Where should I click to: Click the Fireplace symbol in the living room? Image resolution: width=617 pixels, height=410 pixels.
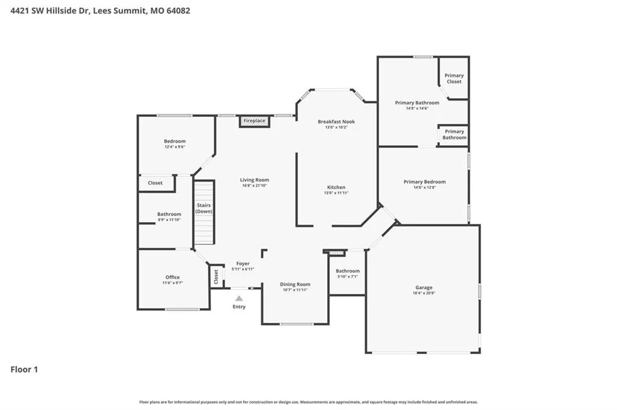tap(255, 121)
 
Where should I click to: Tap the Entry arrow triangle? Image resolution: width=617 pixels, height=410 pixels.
tap(239, 299)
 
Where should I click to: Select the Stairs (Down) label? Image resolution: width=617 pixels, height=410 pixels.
tap(204, 208)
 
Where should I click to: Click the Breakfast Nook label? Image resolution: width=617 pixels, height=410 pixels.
tap(336, 122)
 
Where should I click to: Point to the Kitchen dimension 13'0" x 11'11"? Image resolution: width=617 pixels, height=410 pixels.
tap(336, 193)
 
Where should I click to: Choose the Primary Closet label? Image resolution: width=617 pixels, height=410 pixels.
tap(454, 79)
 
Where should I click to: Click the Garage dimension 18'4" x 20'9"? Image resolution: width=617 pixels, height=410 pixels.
tap(424, 293)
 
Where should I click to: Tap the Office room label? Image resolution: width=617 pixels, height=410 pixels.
tap(172, 277)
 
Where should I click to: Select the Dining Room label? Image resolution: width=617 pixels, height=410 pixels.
tap(295, 284)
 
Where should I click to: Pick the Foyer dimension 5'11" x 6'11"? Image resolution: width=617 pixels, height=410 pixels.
tap(243, 269)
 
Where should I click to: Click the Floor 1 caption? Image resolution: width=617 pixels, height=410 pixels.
tap(24, 370)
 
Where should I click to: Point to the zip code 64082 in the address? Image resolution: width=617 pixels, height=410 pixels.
tap(178, 11)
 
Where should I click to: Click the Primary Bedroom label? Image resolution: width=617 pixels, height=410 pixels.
tap(425, 182)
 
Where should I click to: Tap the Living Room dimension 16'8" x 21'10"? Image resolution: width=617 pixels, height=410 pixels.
tap(255, 185)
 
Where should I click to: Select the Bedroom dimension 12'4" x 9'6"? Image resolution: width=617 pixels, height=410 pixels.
tap(175, 147)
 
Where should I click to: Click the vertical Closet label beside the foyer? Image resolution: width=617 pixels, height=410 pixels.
tap(216, 277)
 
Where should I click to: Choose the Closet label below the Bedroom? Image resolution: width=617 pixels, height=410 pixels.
tap(155, 183)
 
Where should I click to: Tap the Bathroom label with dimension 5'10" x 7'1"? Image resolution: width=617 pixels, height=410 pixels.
tap(348, 271)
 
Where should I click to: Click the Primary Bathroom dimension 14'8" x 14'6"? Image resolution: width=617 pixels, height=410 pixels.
tap(417, 108)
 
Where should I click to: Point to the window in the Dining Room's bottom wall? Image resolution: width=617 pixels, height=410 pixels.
tap(296, 325)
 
